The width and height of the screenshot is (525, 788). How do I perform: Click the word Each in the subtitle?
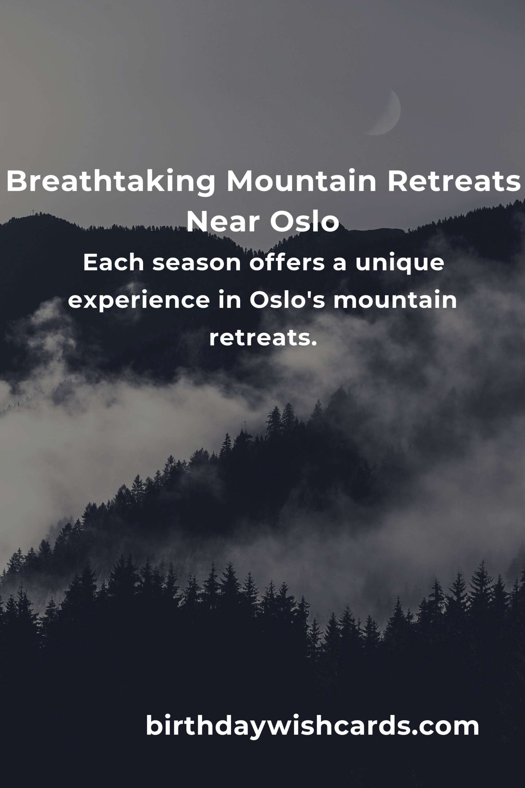(x=113, y=263)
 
